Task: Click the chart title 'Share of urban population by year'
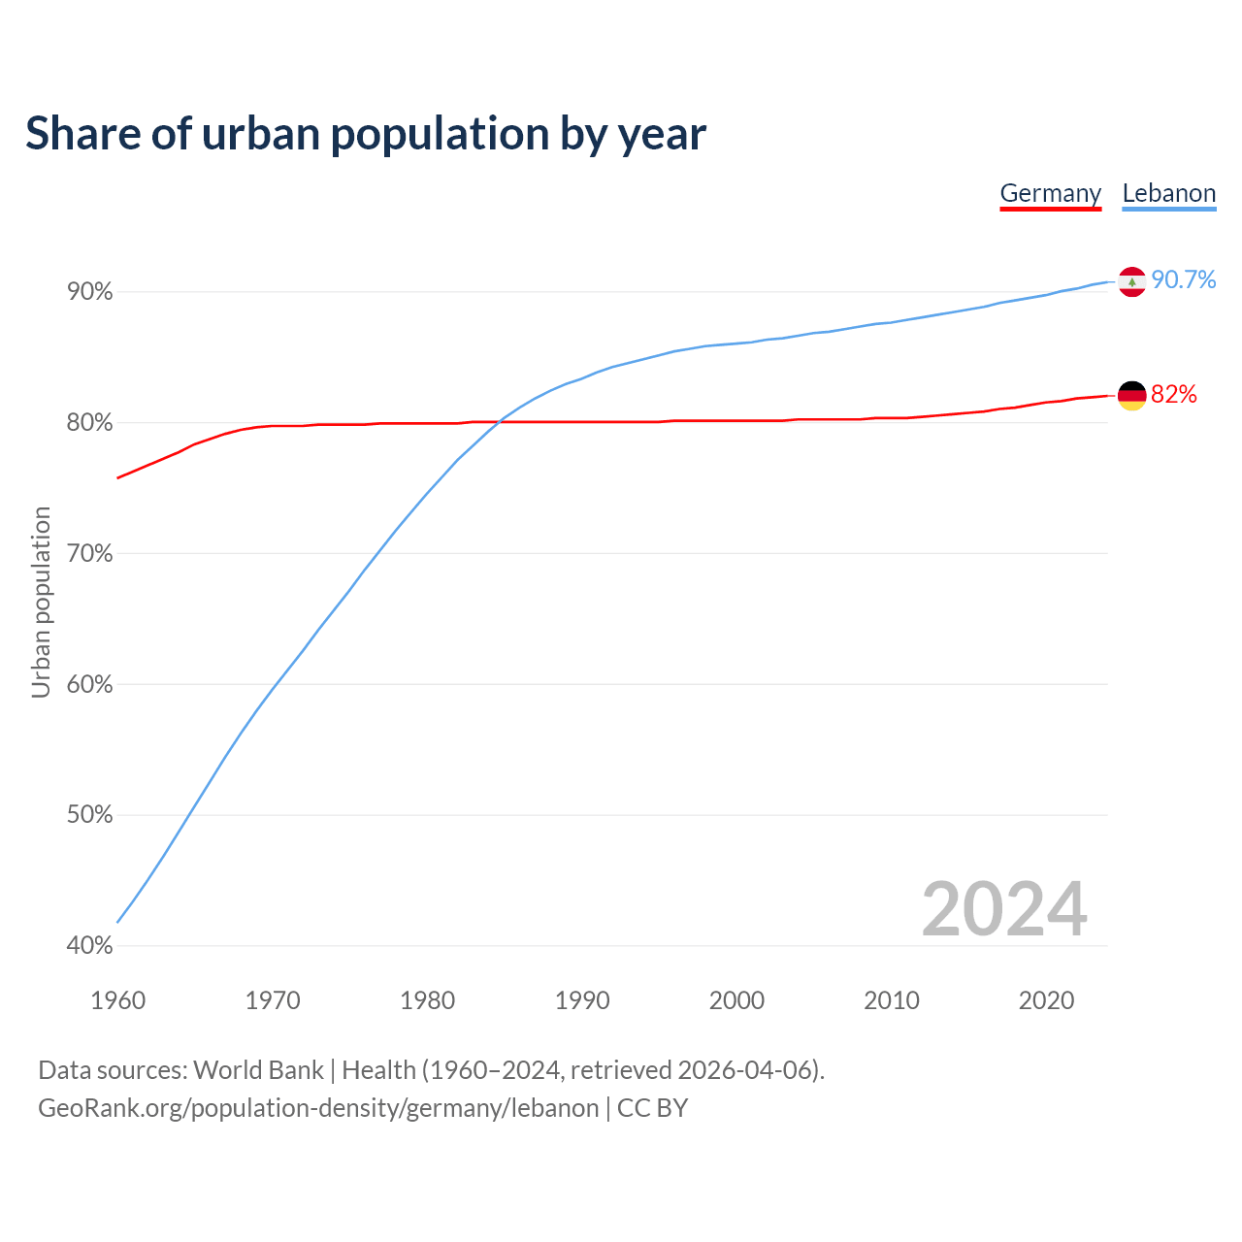[365, 134]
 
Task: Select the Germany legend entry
[1050, 193]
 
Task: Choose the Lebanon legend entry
[1168, 193]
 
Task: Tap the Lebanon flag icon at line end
[1132, 281]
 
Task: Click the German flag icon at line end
[1132, 396]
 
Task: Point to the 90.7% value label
[1184, 280]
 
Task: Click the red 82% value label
[1174, 395]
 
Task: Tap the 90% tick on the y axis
[89, 292]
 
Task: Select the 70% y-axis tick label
[89, 554]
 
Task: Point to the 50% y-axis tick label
[89, 815]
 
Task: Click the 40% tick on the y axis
[89, 946]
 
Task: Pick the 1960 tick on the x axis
[117, 1000]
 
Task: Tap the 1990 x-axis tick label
[582, 1000]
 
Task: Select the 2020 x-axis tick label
[1046, 1000]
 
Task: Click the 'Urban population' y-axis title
[41, 602]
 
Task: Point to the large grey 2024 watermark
[1004, 910]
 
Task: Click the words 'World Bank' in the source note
[258, 1070]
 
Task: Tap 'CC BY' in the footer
[652, 1108]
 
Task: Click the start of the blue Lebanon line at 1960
[118, 921]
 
